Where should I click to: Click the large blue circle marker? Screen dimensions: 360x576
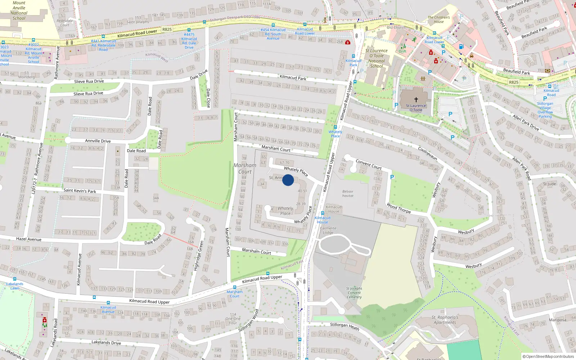click(x=288, y=180)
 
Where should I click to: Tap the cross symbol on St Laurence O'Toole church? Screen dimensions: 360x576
click(x=416, y=100)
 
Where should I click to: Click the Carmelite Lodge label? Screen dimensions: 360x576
click(x=328, y=230)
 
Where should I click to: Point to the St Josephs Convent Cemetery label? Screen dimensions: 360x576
click(x=354, y=293)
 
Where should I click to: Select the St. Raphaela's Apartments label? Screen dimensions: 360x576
click(x=445, y=320)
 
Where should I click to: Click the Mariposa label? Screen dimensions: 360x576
click(x=557, y=320)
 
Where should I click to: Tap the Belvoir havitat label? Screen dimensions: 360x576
click(x=348, y=194)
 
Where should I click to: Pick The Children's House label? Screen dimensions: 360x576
click(x=438, y=19)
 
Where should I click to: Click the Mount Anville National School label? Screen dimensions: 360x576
click(x=19, y=10)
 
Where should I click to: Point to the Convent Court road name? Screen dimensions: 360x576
click(x=369, y=164)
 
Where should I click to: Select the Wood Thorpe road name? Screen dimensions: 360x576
click(x=399, y=208)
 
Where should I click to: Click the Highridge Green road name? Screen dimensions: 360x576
click(x=199, y=256)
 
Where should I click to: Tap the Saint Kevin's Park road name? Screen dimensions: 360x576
click(x=80, y=191)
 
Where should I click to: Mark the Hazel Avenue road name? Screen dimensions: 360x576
click(x=29, y=239)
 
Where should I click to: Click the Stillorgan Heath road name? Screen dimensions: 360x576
click(x=345, y=326)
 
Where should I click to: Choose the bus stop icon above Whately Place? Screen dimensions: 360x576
click(x=335, y=127)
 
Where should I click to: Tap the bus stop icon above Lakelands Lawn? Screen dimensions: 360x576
click(x=15, y=279)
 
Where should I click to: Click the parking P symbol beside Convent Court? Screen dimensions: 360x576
click(x=392, y=177)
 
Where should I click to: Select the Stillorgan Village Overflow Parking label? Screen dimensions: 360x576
click(x=545, y=110)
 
